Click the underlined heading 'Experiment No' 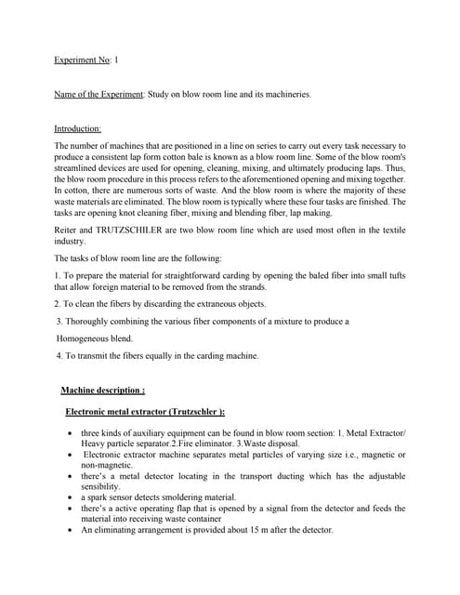pyautogui.click(x=82, y=59)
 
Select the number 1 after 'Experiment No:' pyautogui.click(x=116, y=59)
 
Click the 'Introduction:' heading pyautogui.click(x=78, y=129)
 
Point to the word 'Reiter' pyautogui.click(x=67, y=228)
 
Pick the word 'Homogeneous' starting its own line pyautogui.click(x=94, y=338)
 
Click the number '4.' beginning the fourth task pyautogui.click(x=59, y=355)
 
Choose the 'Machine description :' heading pyautogui.click(x=102, y=390)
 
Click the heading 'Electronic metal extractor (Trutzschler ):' pyautogui.click(x=145, y=412)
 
